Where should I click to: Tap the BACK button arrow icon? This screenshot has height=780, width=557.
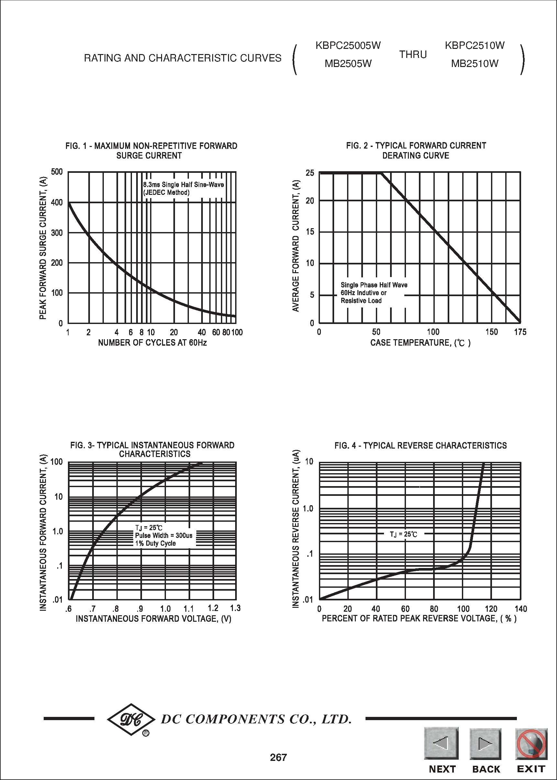pyautogui.click(x=485, y=744)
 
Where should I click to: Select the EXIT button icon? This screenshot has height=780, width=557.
pyautogui.click(x=531, y=744)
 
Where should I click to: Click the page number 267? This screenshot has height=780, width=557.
pyautogui.click(x=278, y=757)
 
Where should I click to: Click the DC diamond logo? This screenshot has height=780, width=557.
pyautogui.click(x=131, y=719)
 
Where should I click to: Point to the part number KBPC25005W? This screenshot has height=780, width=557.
pyautogui.click(x=348, y=45)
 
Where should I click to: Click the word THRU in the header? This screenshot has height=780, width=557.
pyautogui.click(x=413, y=55)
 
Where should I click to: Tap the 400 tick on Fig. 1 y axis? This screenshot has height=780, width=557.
pyautogui.click(x=57, y=203)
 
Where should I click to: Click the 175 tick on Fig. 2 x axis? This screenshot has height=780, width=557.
pyautogui.click(x=519, y=332)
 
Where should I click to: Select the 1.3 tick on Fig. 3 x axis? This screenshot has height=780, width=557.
pyautogui.click(x=235, y=608)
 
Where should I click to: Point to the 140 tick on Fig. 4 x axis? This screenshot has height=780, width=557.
pyautogui.click(x=520, y=609)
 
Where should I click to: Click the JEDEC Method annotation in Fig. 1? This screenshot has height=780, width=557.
pyautogui.click(x=166, y=193)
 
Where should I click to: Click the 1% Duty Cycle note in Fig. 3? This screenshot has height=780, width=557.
pyautogui.click(x=155, y=543)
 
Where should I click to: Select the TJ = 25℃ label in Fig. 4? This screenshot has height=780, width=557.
pyautogui.click(x=403, y=534)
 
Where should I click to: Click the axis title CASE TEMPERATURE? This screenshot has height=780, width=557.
pyautogui.click(x=420, y=342)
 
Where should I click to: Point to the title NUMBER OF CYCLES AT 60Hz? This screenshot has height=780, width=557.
pyautogui.click(x=152, y=342)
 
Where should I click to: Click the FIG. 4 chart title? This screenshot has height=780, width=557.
pyautogui.click(x=420, y=445)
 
